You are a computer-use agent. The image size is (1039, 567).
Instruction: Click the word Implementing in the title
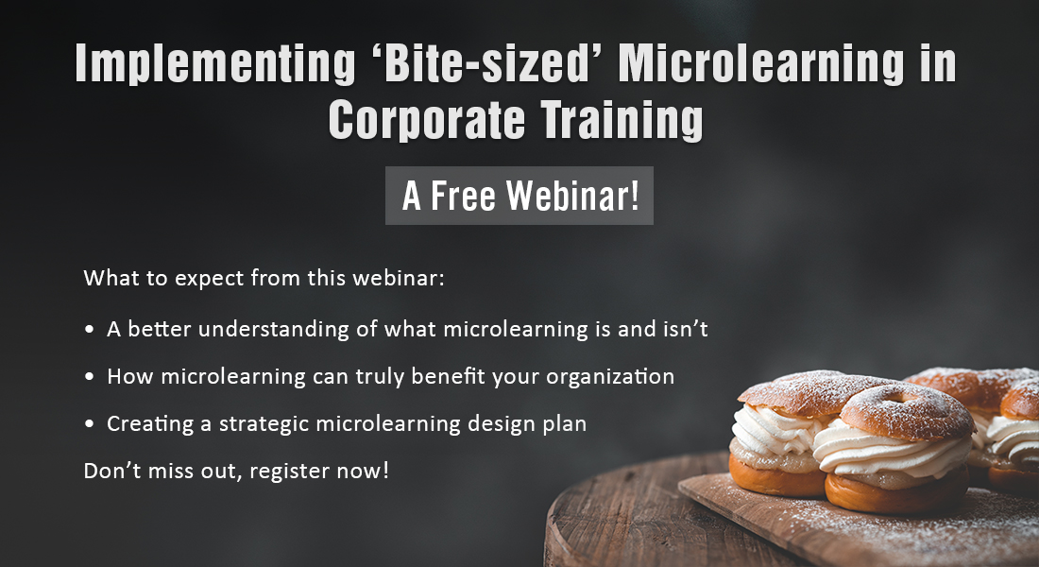(x=215, y=63)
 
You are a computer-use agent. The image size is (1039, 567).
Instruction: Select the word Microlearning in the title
(x=761, y=63)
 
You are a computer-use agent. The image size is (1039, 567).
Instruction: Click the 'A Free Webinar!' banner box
(x=519, y=196)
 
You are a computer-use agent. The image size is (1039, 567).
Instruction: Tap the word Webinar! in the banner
(x=573, y=196)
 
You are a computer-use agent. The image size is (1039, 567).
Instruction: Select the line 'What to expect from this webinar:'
(x=264, y=278)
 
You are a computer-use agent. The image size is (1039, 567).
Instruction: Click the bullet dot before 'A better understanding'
(x=90, y=330)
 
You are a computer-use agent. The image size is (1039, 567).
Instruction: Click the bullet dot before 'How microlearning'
(x=90, y=377)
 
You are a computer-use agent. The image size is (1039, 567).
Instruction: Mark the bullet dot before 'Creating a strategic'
(x=90, y=423)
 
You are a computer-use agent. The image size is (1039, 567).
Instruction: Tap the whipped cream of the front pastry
(x=888, y=451)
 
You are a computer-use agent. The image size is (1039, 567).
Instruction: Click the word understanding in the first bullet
(x=273, y=330)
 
